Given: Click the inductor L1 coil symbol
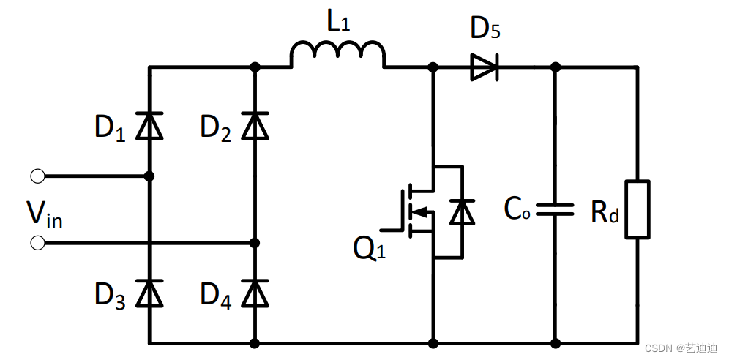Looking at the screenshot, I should [x=337, y=56].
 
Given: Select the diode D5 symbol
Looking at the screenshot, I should [x=484, y=67].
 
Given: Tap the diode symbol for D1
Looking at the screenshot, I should [x=150, y=126].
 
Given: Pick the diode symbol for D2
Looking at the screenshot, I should [x=255, y=126].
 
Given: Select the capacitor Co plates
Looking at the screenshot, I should [x=555, y=210].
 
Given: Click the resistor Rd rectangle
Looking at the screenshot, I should [x=637, y=209].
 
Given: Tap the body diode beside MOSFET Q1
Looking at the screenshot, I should [x=462, y=212].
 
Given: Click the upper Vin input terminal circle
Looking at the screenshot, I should [x=37, y=176].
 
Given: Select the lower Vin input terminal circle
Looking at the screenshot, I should [x=37, y=242].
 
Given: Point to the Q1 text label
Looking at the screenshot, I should [x=369, y=249].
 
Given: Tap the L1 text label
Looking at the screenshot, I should [x=339, y=23].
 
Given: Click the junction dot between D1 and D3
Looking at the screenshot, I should [x=150, y=176].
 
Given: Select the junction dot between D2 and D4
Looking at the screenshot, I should [x=255, y=242].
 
